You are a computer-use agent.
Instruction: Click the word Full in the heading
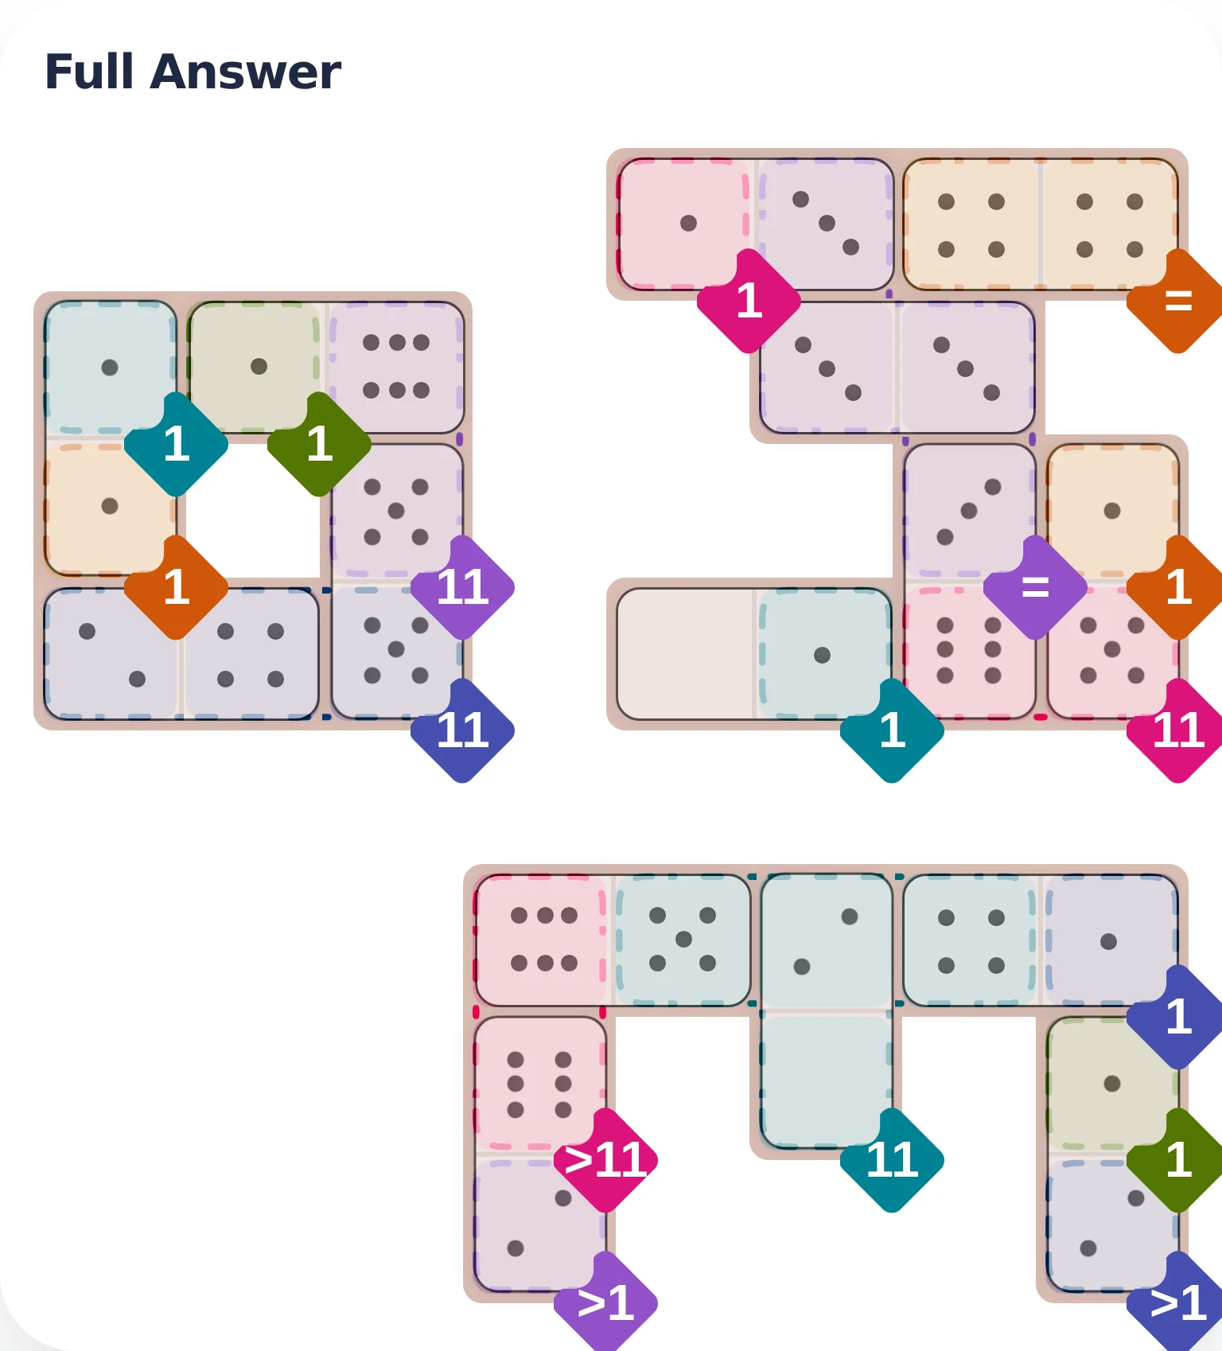point(89,72)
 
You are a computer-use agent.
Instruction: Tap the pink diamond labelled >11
point(605,1160)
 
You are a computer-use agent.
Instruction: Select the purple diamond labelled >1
point(605,1303)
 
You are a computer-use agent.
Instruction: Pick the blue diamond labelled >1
point(1178,1303)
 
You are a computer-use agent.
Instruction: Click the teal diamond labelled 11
point(892,1160)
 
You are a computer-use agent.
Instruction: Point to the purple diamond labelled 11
point(462,587)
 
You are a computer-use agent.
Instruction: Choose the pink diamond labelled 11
point(1178,730)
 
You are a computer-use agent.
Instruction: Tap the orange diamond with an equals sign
point(1178,301)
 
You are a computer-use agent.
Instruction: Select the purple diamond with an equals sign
point(1035,587)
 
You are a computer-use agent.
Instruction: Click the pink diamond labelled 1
point(749,301)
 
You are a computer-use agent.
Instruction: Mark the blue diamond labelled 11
point(462,730)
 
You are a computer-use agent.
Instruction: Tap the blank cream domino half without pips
point(685,654)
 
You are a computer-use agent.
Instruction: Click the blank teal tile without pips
point(827,1080)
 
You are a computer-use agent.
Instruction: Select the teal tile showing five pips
point(683,940)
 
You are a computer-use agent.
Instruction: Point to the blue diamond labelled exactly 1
point(1178,1017)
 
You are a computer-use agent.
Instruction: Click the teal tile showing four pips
point(971,940)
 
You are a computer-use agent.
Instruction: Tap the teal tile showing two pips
point(827,940)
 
